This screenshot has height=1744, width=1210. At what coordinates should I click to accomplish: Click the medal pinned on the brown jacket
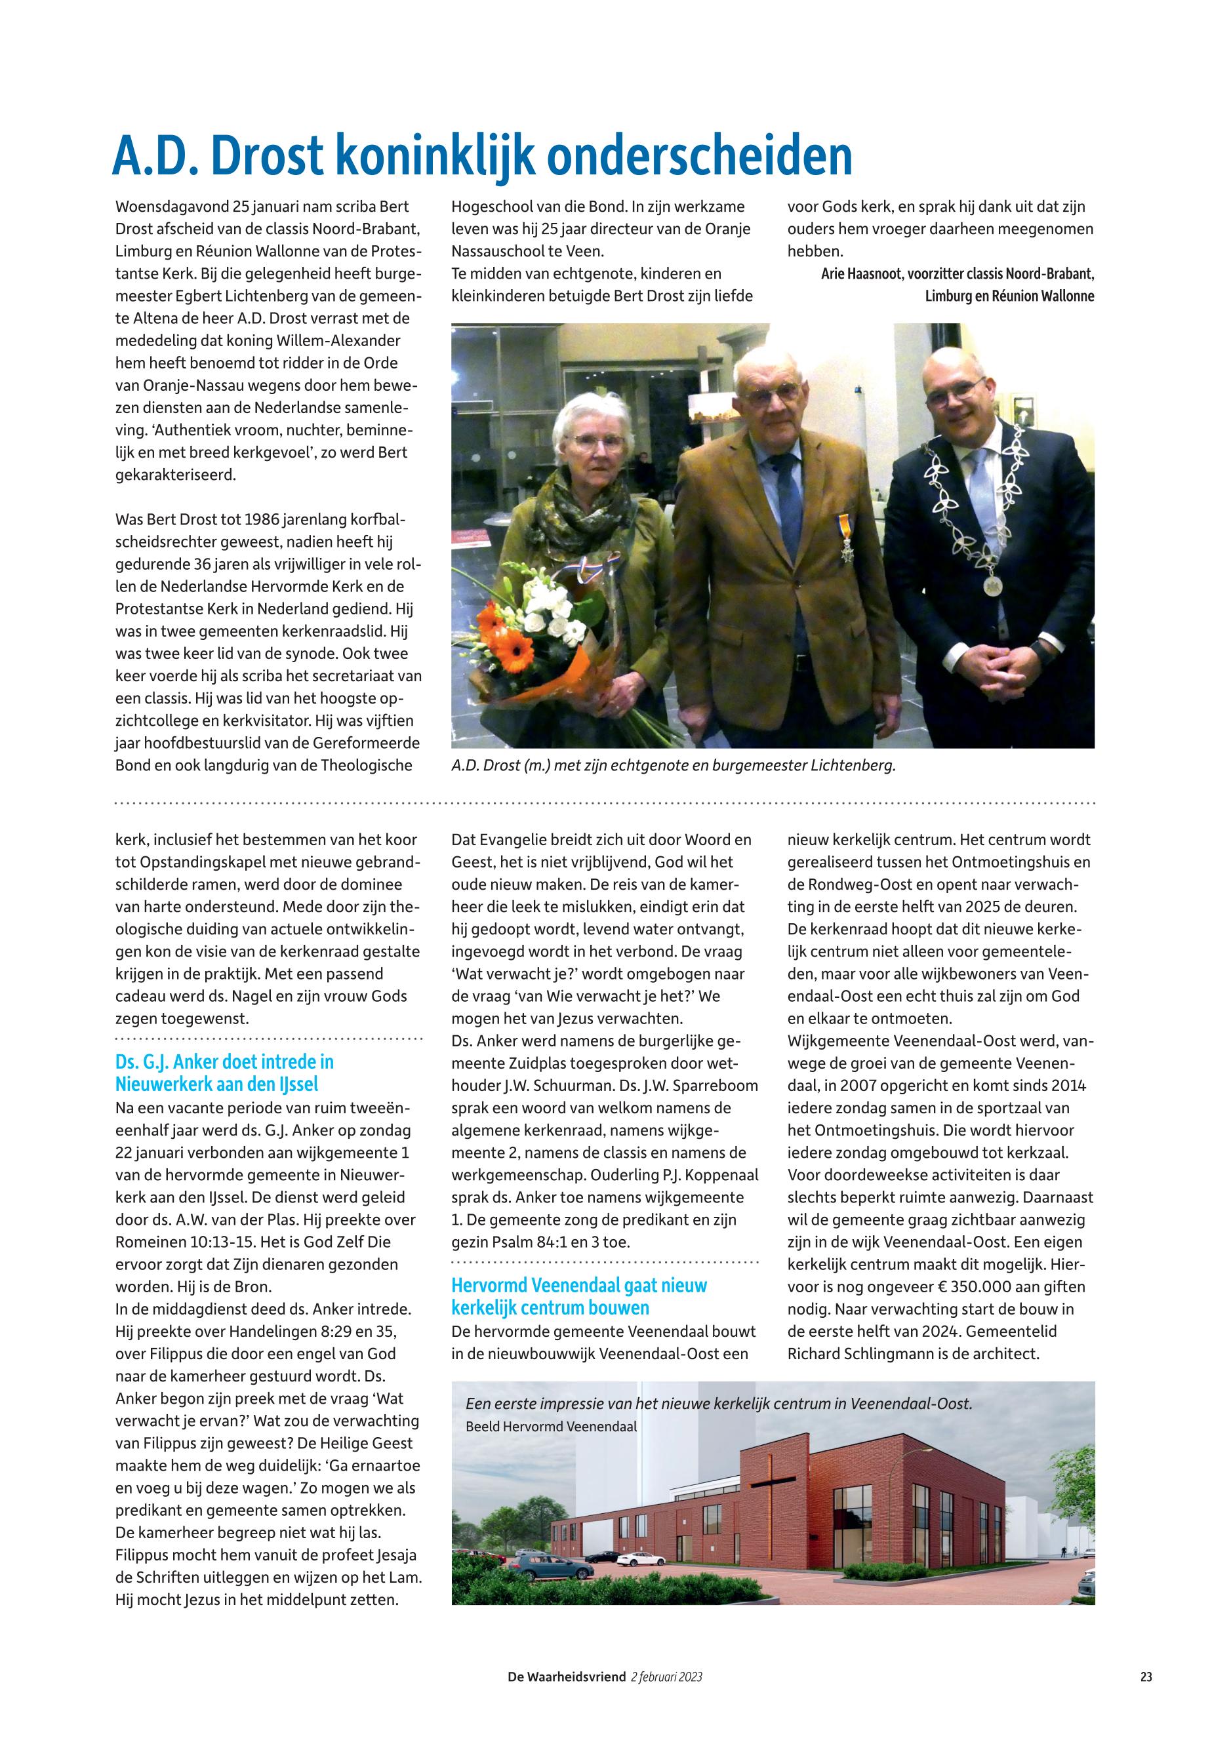coord(846,540)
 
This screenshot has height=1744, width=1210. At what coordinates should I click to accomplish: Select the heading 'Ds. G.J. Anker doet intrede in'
coord(224,1062)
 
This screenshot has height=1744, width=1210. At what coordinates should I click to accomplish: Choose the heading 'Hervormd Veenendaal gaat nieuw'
coord(578,1286)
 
